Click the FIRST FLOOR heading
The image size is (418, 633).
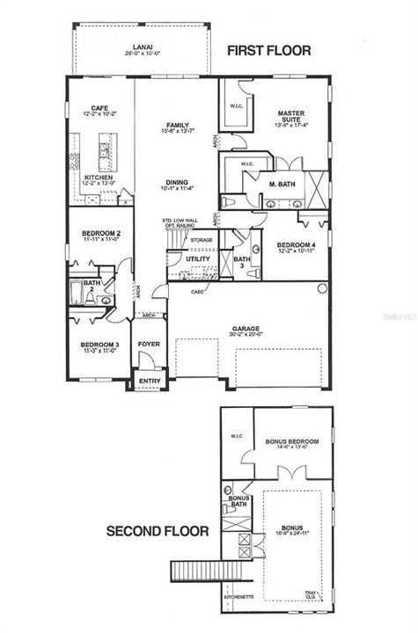(x=269, y=50)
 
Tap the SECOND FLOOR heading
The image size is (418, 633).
(x=158, y=531)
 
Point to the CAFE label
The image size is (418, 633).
(x=99, y=106)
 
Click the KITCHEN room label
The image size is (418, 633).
(x=99, y=178)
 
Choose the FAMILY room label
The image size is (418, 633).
(x=177, y=125)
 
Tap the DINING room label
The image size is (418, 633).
(x=177, y=183)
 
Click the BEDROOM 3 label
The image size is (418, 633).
(x=99, y=344)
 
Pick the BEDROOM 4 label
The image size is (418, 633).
(x=296, y=245)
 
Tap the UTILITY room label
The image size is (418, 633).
(x=198, y=258)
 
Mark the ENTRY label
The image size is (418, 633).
(x=145, y=381)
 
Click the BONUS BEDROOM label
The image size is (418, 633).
(x=291, y=441)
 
